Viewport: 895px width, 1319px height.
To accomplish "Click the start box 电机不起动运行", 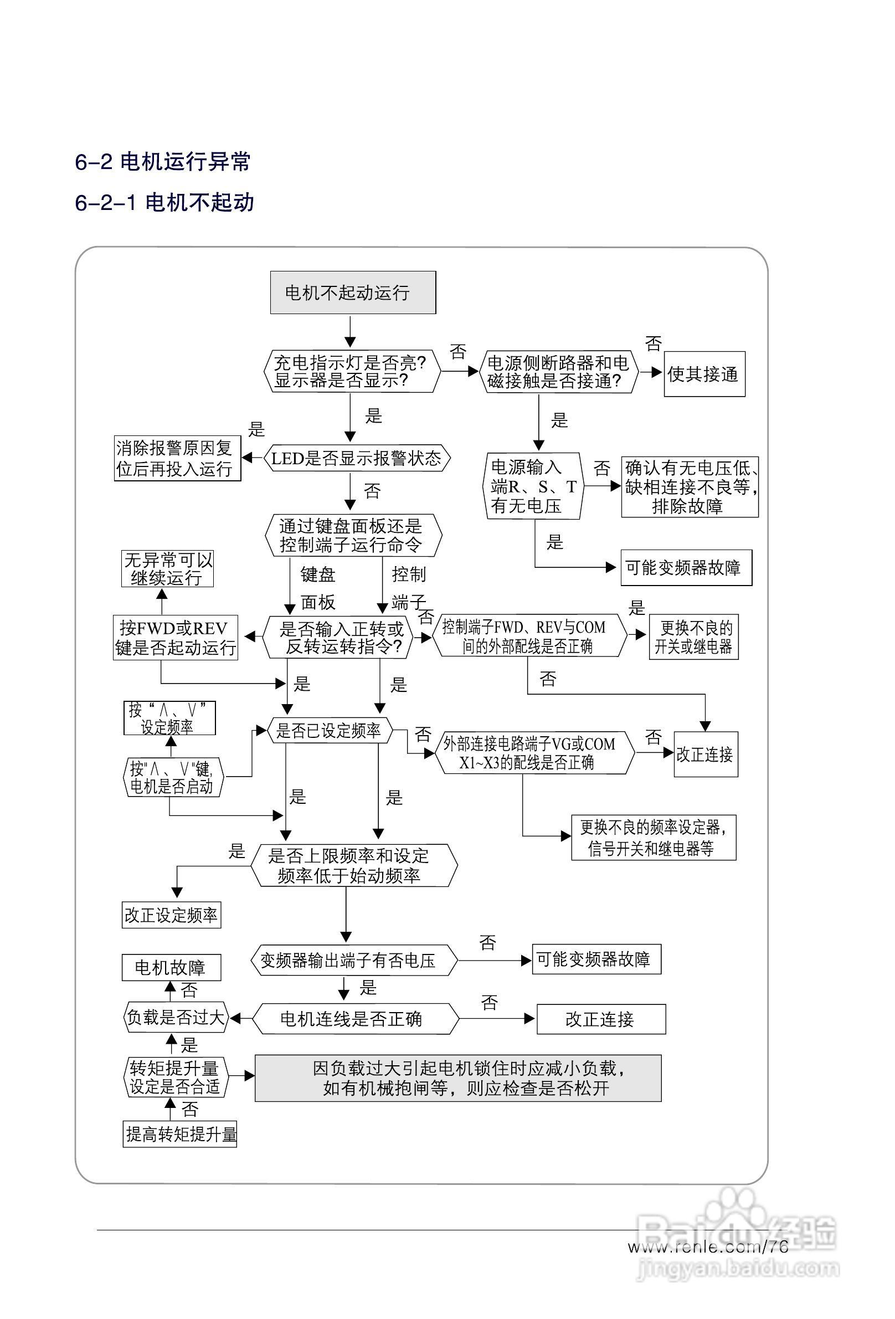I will click(x=352, y=292).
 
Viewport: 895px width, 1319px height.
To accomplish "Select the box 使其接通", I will click(x=704, y=374).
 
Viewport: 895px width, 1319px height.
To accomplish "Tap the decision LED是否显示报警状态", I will click(x=357, y=458).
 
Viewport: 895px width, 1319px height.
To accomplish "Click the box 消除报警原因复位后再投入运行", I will click(x=177, y=458).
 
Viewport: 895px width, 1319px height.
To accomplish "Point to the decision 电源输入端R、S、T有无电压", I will click(x=533, y=486).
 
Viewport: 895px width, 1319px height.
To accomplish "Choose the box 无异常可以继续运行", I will click(x=168, y=568).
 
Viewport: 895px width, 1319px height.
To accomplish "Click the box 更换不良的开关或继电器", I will click(x=693, y=637).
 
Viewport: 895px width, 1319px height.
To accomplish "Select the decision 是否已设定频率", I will click(x=329, y=731).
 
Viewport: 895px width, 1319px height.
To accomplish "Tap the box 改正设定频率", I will click(x=171, y=915).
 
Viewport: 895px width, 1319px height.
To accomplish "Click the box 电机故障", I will click(x=171, y=967).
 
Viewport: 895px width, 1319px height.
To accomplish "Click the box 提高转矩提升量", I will click(x=180, y=1134).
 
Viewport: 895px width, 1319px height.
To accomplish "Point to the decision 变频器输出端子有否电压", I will click(x=353, y=960).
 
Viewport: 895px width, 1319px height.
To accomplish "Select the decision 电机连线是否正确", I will click(x=354, y=1019).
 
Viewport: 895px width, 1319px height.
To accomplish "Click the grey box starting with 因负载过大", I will click(x=457, y=1078).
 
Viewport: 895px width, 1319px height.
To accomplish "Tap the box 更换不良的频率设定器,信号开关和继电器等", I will click(x=652, y=837).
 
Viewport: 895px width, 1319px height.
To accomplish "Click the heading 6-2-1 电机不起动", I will click(x=164, y=202).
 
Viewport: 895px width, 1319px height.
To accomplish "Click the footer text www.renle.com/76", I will click(x=708, y=1246).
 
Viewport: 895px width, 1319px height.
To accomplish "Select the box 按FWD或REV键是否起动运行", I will click(x=175, y=638).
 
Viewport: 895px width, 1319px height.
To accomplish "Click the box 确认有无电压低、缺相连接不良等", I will click(x=689, y=486).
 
